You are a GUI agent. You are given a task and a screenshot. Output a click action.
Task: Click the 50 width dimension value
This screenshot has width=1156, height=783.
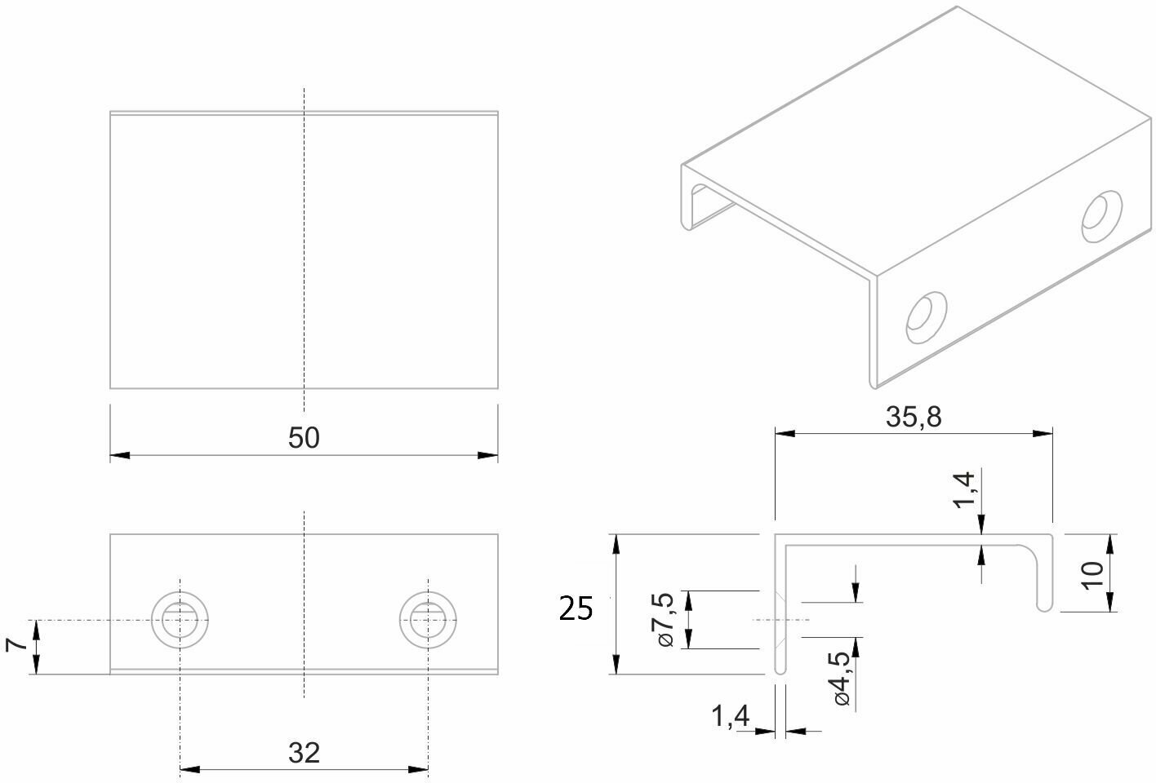304,438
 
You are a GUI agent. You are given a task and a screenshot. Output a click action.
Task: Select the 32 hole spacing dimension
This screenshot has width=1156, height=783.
304,752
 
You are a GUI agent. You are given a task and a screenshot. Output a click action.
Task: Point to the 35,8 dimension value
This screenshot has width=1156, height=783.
914,417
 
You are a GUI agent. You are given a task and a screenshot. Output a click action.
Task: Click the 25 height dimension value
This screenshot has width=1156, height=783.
576,608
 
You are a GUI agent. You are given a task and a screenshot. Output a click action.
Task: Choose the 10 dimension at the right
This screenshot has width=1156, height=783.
1096,573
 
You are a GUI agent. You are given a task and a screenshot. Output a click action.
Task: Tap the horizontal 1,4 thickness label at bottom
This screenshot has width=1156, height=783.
730,717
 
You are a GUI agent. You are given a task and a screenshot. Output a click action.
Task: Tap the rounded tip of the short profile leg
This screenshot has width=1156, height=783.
1043,606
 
